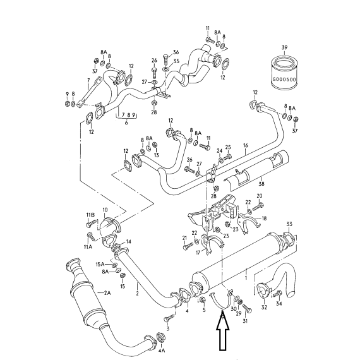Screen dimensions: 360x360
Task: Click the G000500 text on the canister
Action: point(284,80)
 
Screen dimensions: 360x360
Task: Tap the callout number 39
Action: point(284,48)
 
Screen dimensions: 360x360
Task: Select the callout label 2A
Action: point(107,292)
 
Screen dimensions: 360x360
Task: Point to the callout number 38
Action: point(261,184)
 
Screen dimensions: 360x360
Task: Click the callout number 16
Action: point(246,145)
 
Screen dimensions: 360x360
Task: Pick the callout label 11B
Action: point(90,215)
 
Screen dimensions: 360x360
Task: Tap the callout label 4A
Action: point(162,351)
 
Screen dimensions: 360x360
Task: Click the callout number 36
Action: point(176,52)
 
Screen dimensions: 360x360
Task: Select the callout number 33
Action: point(289,224)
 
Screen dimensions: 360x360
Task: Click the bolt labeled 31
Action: point(247,308)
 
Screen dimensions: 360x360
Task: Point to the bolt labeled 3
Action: point(169,319)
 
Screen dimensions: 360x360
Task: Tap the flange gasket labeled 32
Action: point(263,290)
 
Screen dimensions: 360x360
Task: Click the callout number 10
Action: point(105,210)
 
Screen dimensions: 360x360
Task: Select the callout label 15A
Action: point(100,265)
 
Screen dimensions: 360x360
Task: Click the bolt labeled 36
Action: point(165,59)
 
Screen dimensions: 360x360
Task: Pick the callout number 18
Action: point(264,219)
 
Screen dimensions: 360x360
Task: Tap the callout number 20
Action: point(260,196)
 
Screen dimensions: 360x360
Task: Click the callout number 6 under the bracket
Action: point(126,123)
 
